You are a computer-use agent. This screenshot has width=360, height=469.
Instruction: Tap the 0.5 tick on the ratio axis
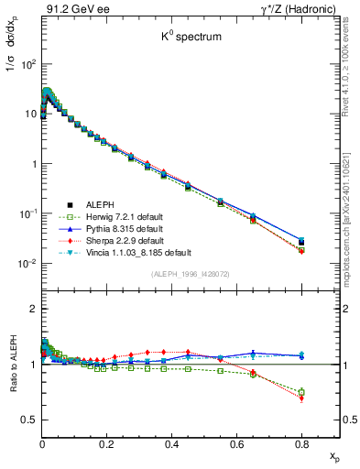point(31,420)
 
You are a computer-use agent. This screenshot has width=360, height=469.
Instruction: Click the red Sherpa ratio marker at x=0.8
point(302,398)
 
